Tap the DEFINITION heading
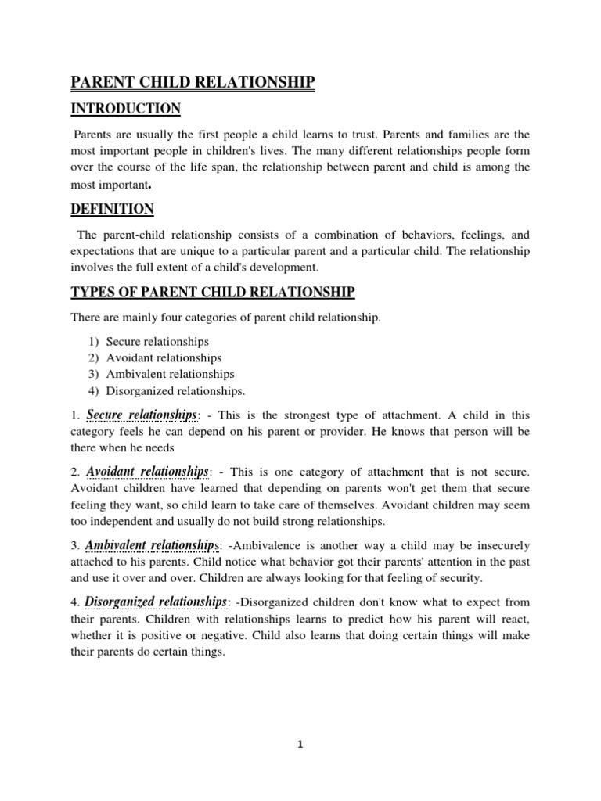[113, 209]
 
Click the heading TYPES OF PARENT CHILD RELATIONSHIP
[213, 293]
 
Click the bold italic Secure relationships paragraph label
[142, 414]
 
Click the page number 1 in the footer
[300, 745]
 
